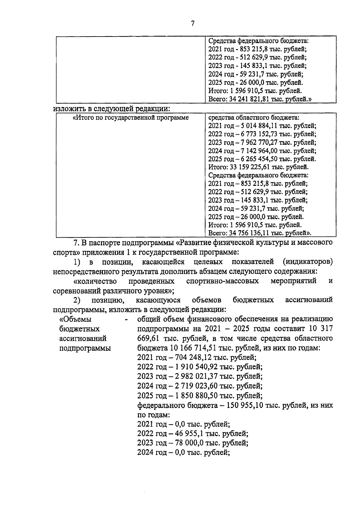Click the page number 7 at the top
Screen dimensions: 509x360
pos(193,23)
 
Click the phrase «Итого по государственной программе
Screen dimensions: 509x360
pos(131,118)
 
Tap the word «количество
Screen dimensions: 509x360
pos(95,281)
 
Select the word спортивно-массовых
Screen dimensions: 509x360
pos(223,281)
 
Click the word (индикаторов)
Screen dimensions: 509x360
pos(307,262)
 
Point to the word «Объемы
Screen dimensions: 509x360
pos(76,320)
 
